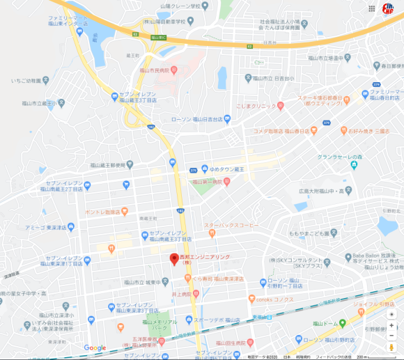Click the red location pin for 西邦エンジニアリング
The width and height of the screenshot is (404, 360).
(x=174, y=259)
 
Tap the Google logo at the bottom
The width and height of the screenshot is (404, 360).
(x=95, y=347)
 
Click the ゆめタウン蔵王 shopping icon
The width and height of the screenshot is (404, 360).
(x=204, y=168)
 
